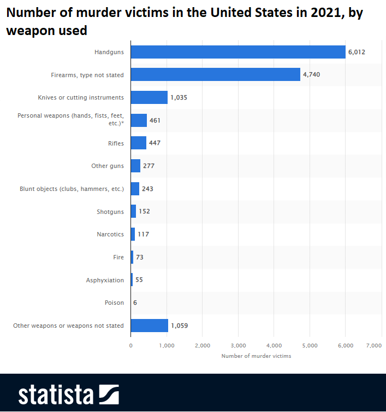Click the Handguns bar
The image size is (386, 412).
[238, 52]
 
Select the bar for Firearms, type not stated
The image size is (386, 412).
[215, 74]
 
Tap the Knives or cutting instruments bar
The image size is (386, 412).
[149, 97]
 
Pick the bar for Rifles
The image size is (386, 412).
[139, 143]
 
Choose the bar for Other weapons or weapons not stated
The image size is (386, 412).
[150, 326]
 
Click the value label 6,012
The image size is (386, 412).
[357, 52]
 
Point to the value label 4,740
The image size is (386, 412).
[311, 74]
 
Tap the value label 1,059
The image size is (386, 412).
[179, 326]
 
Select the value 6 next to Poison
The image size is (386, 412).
[135, 303]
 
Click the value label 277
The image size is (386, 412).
[149, 166]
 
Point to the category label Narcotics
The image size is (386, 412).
[110, 234]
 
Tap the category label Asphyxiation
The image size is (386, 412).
[105, 280]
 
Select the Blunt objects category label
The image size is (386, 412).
[72, 189]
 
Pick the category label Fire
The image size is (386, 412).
[118, 257]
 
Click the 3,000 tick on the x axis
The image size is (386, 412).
[238, 345]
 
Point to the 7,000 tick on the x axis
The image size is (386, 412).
[373, 345]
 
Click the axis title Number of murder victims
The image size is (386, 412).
[256, 356]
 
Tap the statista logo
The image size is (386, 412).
[68, 394]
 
